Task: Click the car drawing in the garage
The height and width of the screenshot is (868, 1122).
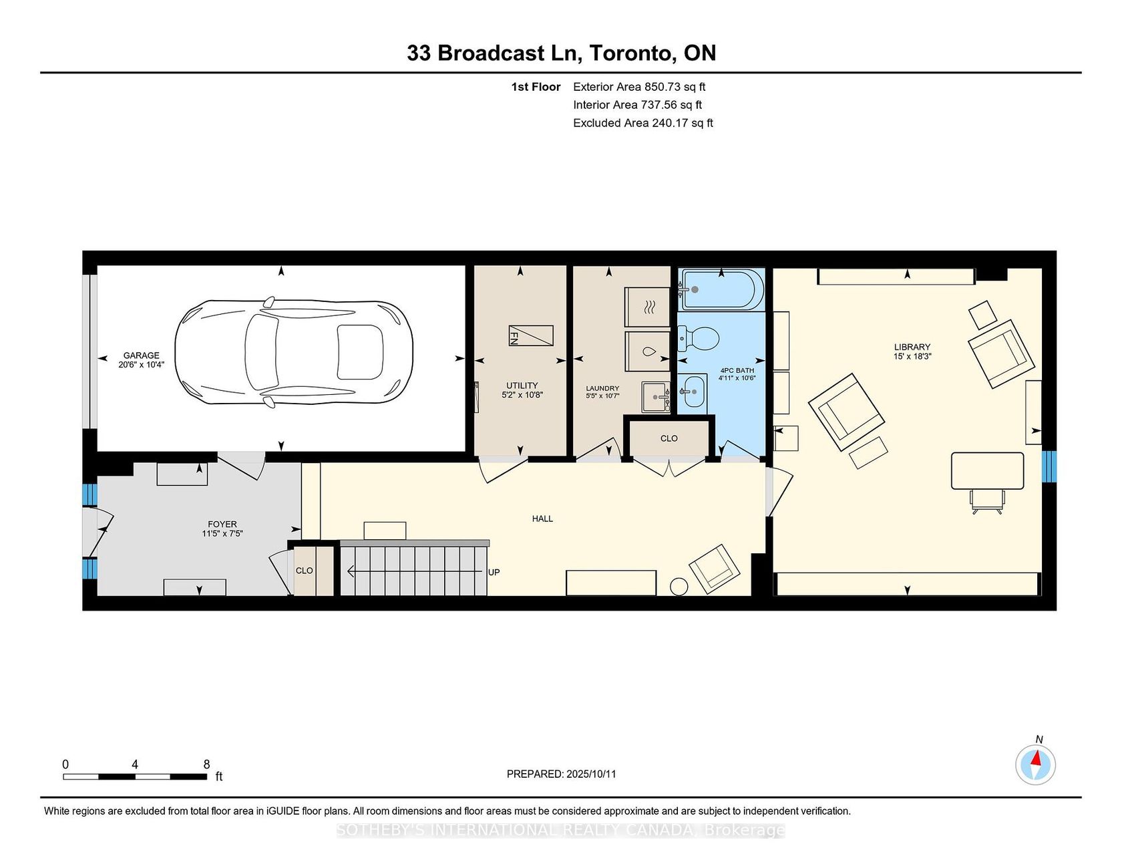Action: tap(294, 352)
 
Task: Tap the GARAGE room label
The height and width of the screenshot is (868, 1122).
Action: tap(142, 355)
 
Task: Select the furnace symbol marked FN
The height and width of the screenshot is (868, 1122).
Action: tap(531, 335)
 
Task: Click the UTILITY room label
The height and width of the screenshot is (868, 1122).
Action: tap(522, 386)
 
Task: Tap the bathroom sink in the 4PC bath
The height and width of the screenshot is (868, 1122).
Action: tap(693, 391)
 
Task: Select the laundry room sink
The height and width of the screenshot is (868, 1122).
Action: tap(656, 397)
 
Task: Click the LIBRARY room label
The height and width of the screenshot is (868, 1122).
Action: tap(912, 347)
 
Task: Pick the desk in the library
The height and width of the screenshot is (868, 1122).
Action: tap(987, 471)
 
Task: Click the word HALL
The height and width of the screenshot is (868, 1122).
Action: tap(542, 519)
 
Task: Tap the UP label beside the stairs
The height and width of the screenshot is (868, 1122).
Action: tap(494, 572)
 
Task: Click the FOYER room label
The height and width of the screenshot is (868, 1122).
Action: tap(222, 525)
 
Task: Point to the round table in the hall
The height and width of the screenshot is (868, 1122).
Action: tap(679, 586)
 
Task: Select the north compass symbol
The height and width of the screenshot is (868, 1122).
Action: tap(1036, 764)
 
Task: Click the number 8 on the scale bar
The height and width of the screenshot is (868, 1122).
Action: tap(206, 764)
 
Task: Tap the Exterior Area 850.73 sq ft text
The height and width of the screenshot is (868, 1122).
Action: tap(639, 87)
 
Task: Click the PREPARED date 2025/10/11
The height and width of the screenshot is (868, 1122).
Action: tap(591, 774)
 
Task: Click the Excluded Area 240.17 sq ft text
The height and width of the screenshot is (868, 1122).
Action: tap(643, 123)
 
